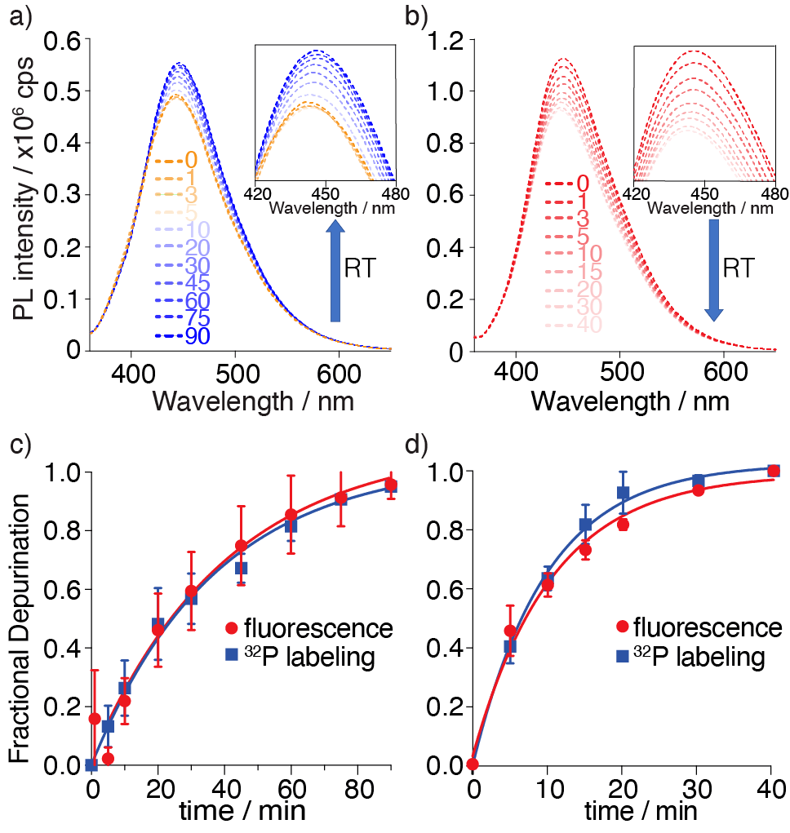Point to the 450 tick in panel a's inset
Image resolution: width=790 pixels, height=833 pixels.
[x=326, y=194]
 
